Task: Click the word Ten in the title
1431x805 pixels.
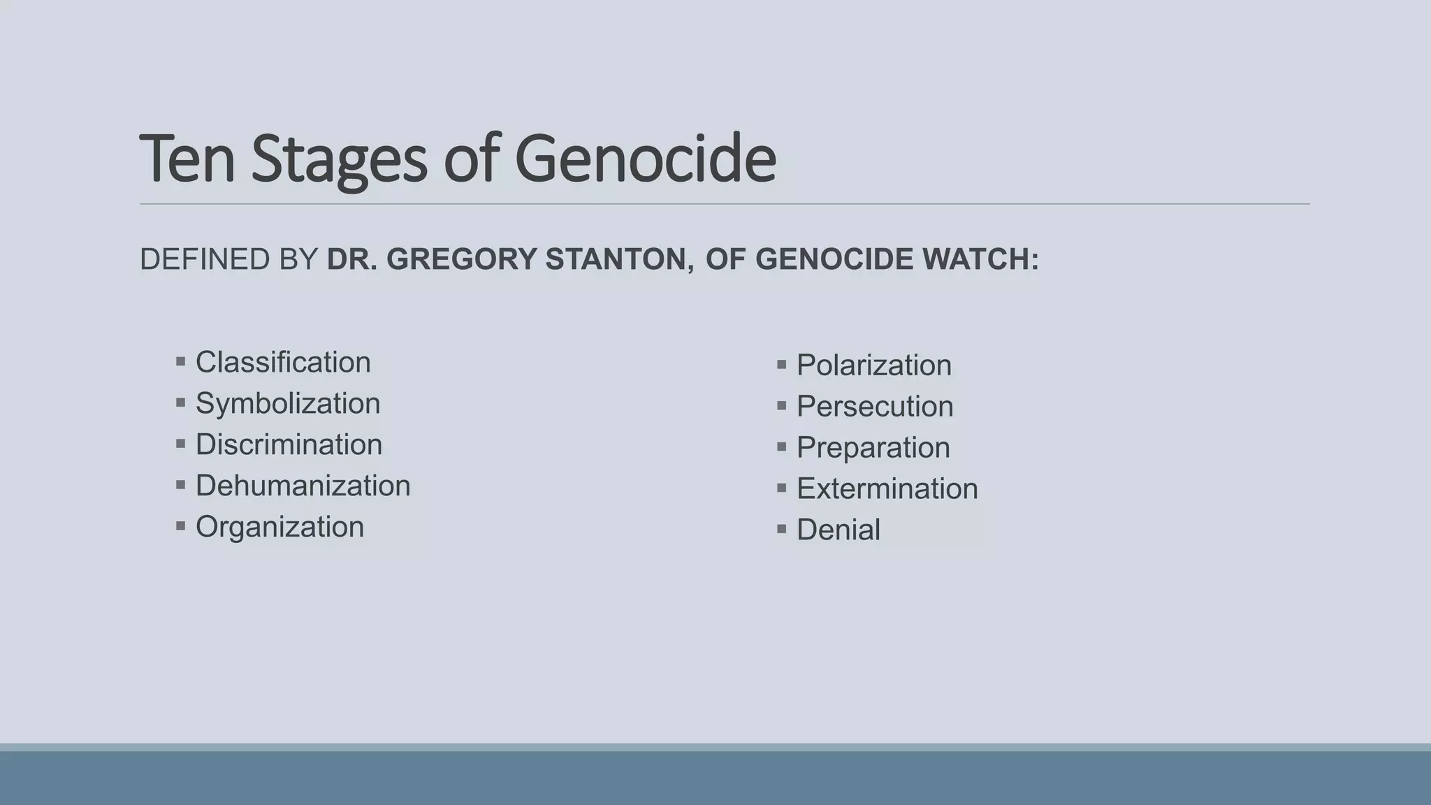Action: pos(187,159)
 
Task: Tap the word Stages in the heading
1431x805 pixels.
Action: pos(339,159)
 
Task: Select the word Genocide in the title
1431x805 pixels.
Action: pos(645,159)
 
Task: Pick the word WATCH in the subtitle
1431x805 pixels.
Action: pos(980,259)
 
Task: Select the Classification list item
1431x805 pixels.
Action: pos(283,363)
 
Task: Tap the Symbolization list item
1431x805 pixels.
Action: pos(288,404)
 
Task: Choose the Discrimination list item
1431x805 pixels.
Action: pos(289,445)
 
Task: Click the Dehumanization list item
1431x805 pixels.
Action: pos(303,486)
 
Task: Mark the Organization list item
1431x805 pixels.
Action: pos(279,528)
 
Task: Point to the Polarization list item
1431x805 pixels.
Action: pos(873,365)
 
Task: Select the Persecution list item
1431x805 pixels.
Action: pos(875,407)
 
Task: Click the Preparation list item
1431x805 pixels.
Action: pos(873,448)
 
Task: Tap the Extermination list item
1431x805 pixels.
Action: pos(887,489)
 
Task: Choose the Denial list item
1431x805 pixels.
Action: pos(838,530)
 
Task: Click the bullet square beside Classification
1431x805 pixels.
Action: pos(181,361)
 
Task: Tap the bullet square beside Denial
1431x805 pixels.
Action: pos(782,529)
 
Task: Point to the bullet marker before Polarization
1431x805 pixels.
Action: pos(782,364)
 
